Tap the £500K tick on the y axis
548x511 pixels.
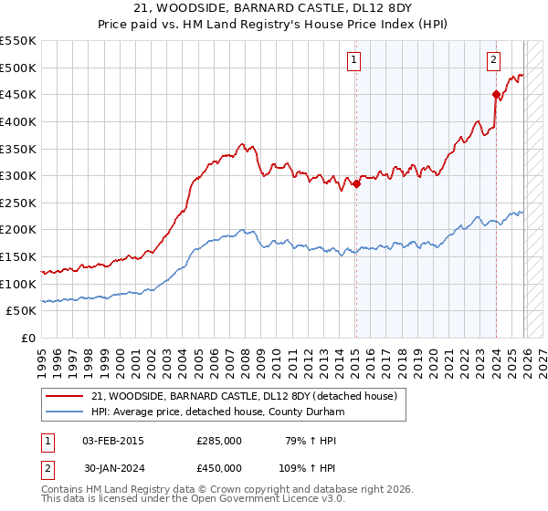18,68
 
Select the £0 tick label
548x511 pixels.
27,339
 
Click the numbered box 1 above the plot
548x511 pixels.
354,61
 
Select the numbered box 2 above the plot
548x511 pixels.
493,61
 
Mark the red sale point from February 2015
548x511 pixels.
356,184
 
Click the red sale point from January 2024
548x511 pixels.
496,94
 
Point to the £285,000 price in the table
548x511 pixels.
219,441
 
